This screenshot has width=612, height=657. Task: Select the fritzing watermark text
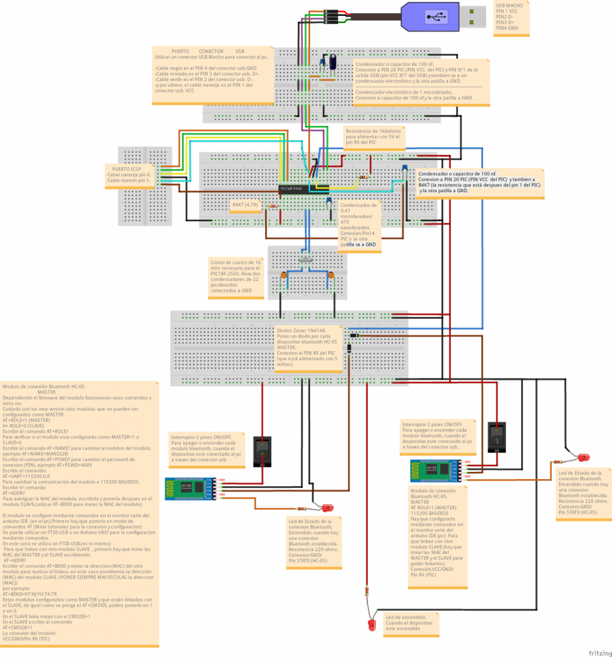click(599, 653)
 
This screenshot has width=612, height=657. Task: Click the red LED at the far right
click(583, 457)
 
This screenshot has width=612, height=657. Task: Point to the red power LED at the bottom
click(372, 624)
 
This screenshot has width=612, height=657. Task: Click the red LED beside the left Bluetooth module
click(328, 508)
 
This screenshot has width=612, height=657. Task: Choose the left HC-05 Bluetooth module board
click(187, 488)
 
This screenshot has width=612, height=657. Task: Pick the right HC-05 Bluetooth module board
click(433, 470)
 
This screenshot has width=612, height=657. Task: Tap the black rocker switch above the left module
click(262, 451)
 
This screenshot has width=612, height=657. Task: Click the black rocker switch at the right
click(497, 436)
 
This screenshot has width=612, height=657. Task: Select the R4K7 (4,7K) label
click(245, 205)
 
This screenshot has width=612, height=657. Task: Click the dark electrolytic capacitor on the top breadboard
click(332, 63)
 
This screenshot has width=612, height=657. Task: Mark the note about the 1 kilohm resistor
click(374, 137)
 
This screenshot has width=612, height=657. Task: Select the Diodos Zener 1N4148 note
click(308, 348)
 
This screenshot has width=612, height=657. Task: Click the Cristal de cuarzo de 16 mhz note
click(236, 277)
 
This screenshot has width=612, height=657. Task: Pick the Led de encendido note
click(411, 623)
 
